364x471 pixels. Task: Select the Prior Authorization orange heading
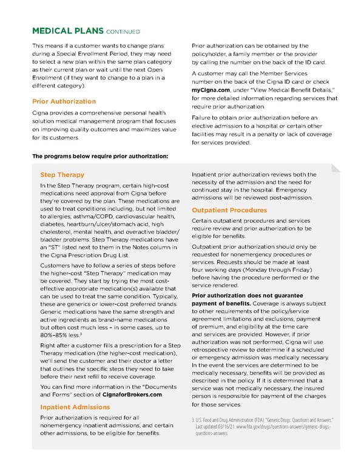pyautogui.click(x=64, y=101)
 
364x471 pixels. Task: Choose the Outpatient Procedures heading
pyautogui.click(x=229, y=210)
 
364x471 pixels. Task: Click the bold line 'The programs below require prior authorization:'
pyautogui.click(x=99, y=157)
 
